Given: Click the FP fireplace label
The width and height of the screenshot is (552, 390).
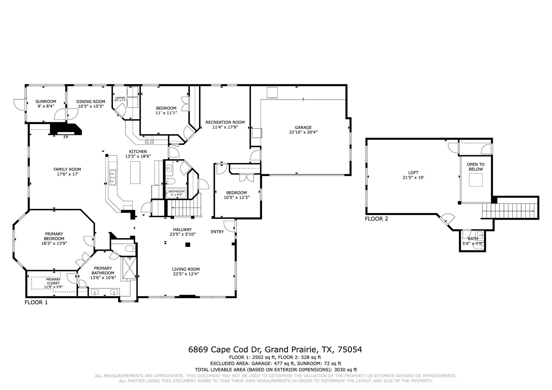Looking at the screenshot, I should coord(66,137).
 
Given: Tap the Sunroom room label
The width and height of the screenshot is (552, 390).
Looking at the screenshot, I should coord(46,102).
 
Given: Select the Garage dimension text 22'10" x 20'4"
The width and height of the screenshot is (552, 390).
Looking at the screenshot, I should coord(303,132).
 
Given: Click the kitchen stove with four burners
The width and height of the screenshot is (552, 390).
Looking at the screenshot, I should coord(149,140).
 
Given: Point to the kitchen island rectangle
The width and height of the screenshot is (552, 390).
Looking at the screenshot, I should coord(135,172).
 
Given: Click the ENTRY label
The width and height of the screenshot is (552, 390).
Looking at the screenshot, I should coord(217,232).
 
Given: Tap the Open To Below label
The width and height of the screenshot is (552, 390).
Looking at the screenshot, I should coord(476,167).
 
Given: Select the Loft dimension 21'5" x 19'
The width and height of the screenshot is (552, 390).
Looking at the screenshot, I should coord(413,177).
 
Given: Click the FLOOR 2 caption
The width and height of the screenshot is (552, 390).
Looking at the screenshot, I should coord(376,219).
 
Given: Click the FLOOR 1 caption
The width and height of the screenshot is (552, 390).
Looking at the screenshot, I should coord(36,302).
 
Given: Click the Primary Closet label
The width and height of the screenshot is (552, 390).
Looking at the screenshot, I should coord(53,281).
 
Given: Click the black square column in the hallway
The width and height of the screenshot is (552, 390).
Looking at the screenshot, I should coord(188,245).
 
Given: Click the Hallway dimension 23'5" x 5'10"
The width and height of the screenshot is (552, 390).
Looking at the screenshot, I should coord(182,234).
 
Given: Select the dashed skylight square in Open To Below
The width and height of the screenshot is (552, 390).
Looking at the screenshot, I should coord(476,180).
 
